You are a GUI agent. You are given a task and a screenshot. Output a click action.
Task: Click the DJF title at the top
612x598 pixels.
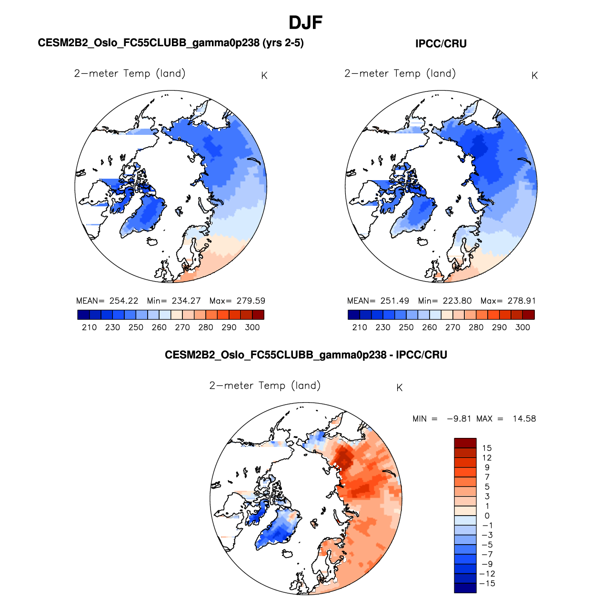(x=306, y=22)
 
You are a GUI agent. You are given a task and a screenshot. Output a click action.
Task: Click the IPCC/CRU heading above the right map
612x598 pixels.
(x=441, y=44)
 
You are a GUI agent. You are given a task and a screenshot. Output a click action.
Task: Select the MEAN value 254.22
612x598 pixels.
(x=124, y=301)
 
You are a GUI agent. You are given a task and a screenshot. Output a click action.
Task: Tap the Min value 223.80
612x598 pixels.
(x=457, y=301)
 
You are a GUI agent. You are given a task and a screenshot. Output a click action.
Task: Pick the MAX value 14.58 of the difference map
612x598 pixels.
(x=524, y=419)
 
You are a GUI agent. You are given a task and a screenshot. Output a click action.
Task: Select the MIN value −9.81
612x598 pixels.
(x=459, y=419)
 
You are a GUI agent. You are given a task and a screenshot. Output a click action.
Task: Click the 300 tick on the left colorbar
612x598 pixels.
(x=252, y=327)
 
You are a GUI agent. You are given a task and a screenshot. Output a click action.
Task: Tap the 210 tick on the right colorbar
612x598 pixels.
(x=360, y=327)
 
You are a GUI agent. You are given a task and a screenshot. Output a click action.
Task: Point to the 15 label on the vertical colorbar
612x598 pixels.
(x=487, y=448)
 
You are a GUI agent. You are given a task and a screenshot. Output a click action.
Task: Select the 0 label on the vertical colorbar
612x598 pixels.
(x=487, y=516)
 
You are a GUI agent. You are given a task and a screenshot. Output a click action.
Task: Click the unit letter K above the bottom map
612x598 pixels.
(x=400, y=388)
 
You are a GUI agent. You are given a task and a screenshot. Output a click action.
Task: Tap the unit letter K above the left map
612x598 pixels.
(x=264, y=76)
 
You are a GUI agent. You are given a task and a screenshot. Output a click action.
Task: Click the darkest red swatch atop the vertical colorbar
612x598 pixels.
(x=465, y=443)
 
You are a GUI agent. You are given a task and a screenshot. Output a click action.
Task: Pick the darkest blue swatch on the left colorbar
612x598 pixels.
(x=83, y=314)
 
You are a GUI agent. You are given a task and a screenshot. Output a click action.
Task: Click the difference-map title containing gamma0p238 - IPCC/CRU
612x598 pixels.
(x=306, y=355)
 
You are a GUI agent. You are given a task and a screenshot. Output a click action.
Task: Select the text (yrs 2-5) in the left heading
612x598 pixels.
(x=283, y=43)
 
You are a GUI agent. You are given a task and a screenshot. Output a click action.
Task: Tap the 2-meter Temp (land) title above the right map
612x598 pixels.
(x=400, y=73)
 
